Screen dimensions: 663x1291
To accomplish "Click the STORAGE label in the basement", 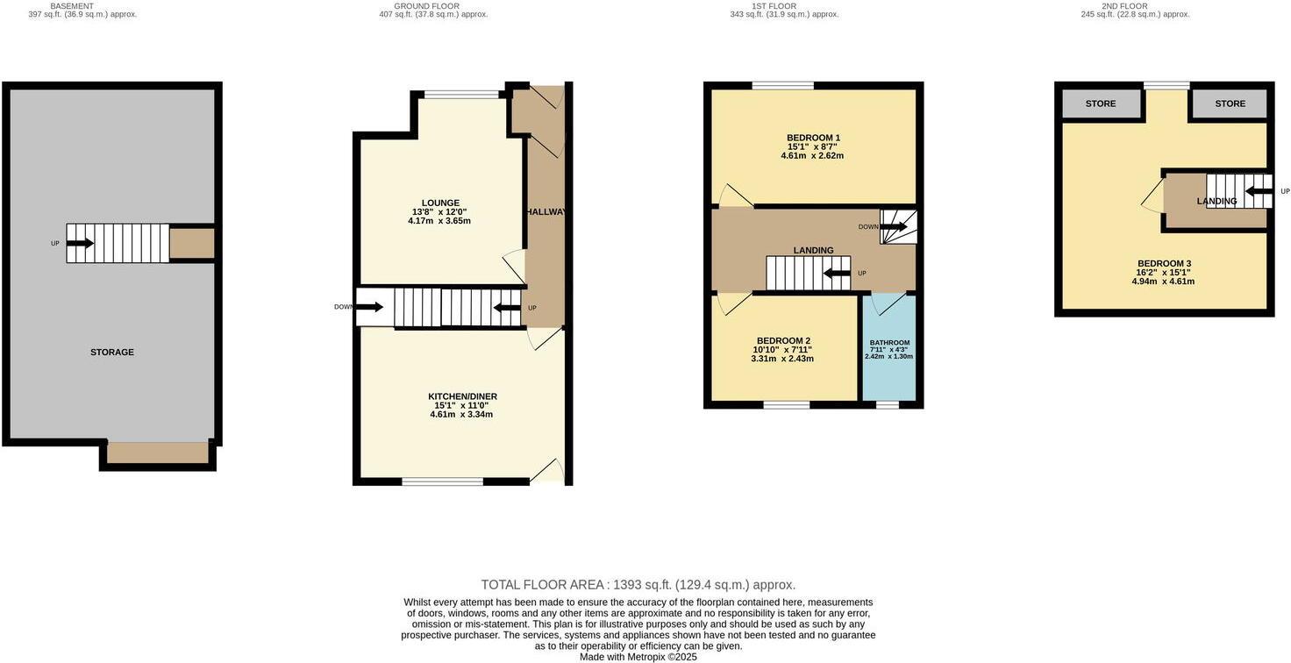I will [111, 353].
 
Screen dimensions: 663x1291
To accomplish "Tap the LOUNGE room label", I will [439, 203].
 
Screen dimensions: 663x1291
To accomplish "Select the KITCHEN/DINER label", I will [462, 396].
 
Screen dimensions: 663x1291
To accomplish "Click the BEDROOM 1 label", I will [813, 138].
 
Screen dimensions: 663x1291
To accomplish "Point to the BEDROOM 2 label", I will [783, 341].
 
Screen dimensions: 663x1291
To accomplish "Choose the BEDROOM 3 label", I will [1164, 264].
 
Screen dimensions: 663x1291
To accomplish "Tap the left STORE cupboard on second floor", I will [1101, 103].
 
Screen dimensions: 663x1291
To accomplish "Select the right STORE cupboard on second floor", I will [1230, 103].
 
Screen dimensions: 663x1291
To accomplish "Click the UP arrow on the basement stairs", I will [79, 243].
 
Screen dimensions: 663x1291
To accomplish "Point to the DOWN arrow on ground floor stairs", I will [369, 307].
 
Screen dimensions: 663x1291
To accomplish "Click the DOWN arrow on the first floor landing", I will [894, 227].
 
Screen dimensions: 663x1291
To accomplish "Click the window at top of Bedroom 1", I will [782, 85].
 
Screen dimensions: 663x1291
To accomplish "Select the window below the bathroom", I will [887, 405].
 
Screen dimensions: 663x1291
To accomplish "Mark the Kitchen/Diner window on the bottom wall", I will [443, 481].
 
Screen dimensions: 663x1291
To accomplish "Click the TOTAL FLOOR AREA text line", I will [638, 585].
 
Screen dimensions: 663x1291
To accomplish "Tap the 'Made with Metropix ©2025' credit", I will [638, 657].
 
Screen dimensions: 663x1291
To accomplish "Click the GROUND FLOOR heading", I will [433, 6].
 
